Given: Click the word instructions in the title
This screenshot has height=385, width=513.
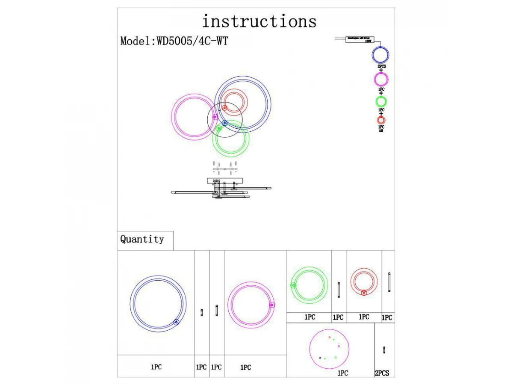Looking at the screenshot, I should click(x=259, y=21).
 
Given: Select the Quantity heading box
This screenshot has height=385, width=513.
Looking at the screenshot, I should click(x=142, y=239).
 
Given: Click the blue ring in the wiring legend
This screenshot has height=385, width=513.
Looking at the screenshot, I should click(x=380, y=55).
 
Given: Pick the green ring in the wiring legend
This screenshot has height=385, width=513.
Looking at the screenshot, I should click(x=381, y=102).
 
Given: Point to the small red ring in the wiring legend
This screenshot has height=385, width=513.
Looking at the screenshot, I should click(x=381, y=120).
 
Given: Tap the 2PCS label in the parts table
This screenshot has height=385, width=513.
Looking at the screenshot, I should click(x=382, y=373).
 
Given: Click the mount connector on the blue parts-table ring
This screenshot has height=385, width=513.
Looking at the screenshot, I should click(x=176, y=322).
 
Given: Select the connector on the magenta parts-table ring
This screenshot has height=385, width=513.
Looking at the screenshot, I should click(x=272, y=305).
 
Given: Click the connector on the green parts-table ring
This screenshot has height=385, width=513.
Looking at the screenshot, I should click(x=294, y=285).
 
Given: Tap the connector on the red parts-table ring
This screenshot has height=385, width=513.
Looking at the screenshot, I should click(x=363, y=293).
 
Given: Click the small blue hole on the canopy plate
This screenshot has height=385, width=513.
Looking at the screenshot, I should click(x=320, y=358).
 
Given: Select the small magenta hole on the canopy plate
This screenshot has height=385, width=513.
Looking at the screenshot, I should click(x=339, y=346).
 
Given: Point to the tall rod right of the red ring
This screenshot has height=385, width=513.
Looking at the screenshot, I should click(x=389, y=282).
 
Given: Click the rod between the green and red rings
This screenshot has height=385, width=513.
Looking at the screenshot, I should click(x=339, y=290).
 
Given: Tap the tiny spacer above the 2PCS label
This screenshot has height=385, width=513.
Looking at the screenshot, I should click(x=384, y=349).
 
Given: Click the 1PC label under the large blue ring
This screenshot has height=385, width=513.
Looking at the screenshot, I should click(x=156, y=367).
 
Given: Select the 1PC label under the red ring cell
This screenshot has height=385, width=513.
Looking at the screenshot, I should click(x=364, y=317).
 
